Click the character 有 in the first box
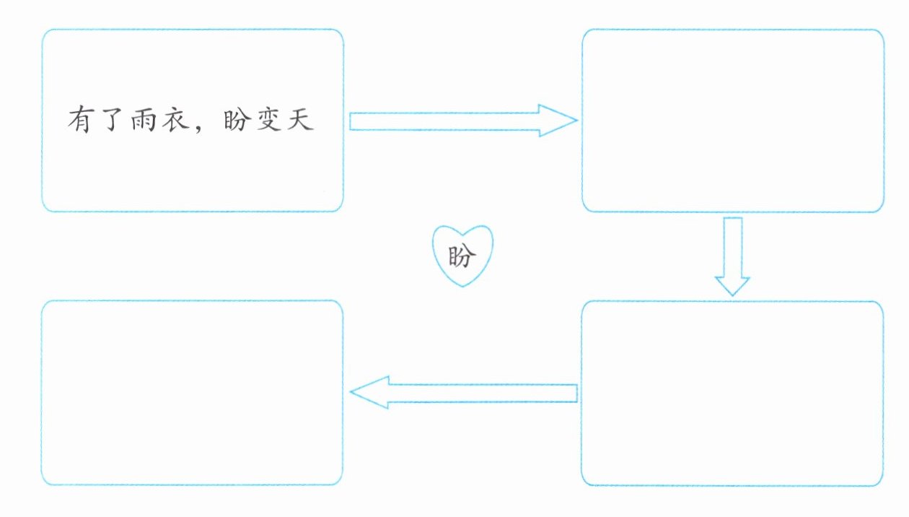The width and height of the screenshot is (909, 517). (x=80, y=120)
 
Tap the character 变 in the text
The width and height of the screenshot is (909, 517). (x=267, y=120)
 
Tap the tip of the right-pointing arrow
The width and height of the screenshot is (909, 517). (x=576, y=121)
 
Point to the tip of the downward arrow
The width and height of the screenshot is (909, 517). (x=733, y=295)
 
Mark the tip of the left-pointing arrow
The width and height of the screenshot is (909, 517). (x=351, y=393)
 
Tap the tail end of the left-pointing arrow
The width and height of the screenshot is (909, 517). (x=576, y=393)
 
